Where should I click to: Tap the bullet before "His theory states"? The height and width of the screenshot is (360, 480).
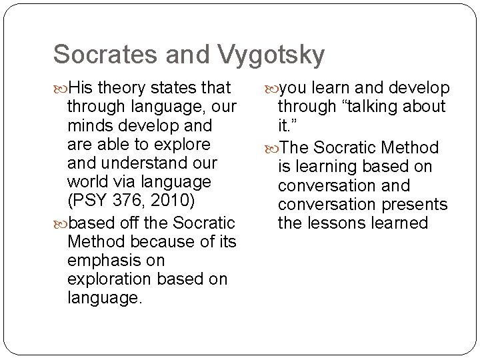tap(61, 88)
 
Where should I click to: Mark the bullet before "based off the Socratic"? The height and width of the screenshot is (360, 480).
tap(61, 223)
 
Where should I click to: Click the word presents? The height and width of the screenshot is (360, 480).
tap(413, 203)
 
